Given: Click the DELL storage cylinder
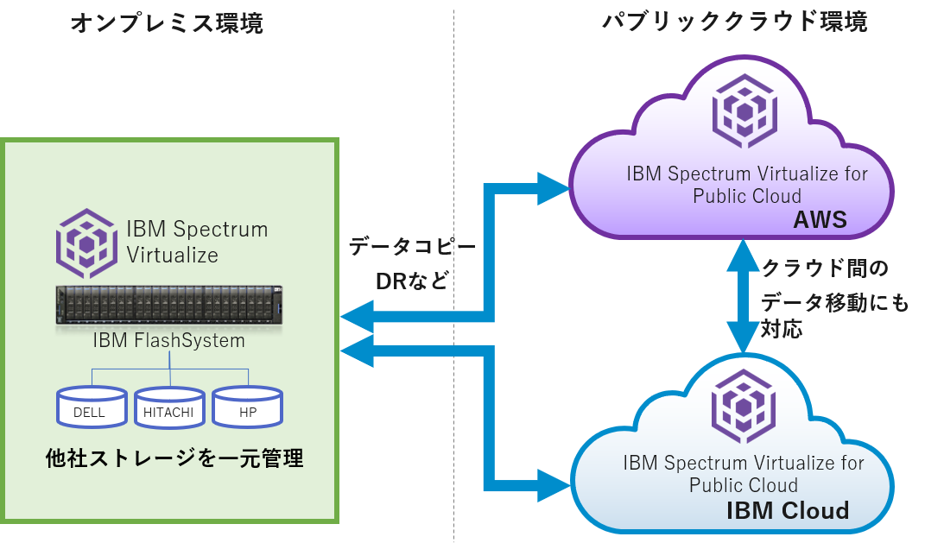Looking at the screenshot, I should point(91,407).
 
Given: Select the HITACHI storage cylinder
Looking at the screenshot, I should point(169,407).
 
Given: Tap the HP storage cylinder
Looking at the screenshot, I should point(248,407).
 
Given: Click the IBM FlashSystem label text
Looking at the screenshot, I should point(169,340).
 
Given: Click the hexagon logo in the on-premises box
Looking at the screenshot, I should point(86,243).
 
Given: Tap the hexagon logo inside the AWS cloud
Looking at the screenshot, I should point(744,112).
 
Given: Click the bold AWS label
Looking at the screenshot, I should point(820,224).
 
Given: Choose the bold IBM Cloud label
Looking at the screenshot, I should point(788,510).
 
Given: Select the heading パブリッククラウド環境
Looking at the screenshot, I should point(734,22).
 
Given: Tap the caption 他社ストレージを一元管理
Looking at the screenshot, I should point(174,458).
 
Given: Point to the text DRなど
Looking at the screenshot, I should point(412,281).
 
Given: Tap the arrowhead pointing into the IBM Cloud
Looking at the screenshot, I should point(553,484).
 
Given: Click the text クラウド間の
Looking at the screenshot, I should point(824,268).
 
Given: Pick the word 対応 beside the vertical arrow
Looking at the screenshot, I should point(782,329).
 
